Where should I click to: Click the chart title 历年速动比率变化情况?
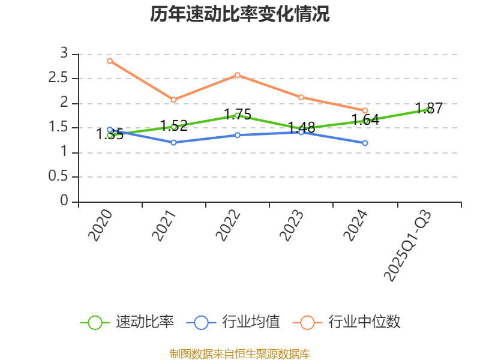coord(240,14)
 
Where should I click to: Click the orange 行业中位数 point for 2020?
coord(110,61)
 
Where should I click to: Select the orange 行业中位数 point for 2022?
coord(238,75)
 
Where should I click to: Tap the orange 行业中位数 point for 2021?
coord(173,100)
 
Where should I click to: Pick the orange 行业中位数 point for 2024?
coord(365,110)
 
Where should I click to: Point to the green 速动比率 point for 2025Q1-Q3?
coord(429,110)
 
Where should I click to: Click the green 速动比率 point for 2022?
coord(238,115)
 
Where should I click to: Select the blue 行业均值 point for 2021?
coord(173,142)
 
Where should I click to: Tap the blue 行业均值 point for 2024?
coord(365,143)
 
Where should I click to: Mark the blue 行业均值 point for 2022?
coord(238,135)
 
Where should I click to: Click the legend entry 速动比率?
coord(127,322)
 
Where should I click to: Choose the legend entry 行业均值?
coord(233,322)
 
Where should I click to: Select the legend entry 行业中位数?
coord(347,322)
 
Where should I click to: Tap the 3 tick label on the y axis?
coord(64,54)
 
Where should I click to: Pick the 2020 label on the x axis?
coord(100,226)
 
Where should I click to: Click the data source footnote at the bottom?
coord(240,353)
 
